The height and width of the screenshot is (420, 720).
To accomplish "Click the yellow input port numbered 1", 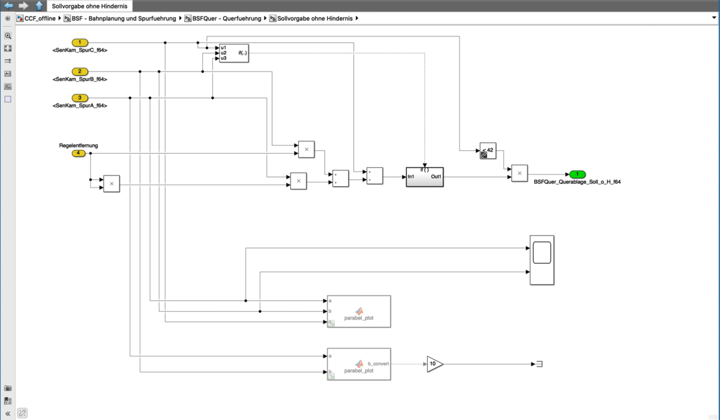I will point(80,43).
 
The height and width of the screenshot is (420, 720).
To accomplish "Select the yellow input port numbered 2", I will point(80,72).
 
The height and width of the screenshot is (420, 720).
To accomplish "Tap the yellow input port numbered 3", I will point(80,98).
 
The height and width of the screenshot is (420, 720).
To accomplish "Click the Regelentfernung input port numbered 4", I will point(78,153).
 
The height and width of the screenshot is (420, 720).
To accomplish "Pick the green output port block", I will point(577,174).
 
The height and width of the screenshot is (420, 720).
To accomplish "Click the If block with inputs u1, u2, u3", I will point(233,53).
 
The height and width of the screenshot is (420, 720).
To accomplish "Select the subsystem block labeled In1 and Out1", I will point(425,177).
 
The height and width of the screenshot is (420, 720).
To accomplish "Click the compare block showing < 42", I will point(488,151).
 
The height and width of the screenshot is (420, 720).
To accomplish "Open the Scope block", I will point(542,260).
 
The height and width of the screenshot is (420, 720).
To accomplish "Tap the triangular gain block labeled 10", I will point(434,364).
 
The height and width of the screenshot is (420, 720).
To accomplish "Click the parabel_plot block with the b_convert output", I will point(359,364).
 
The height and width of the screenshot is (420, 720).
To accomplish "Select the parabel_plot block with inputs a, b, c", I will point(359,311).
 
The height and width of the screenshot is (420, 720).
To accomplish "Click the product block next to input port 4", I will point(112,184).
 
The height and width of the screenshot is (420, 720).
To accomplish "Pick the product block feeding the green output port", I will point(520,173).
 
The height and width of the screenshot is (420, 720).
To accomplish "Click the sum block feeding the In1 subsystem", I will point(374,175).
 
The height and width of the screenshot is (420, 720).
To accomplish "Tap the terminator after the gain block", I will point(538,364).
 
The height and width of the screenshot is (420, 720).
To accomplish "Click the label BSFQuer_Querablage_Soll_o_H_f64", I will point(577,182).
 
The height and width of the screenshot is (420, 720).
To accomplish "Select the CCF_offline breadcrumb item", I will point(40,19).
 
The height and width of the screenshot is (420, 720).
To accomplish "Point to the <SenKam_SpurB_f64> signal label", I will point(80,79).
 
